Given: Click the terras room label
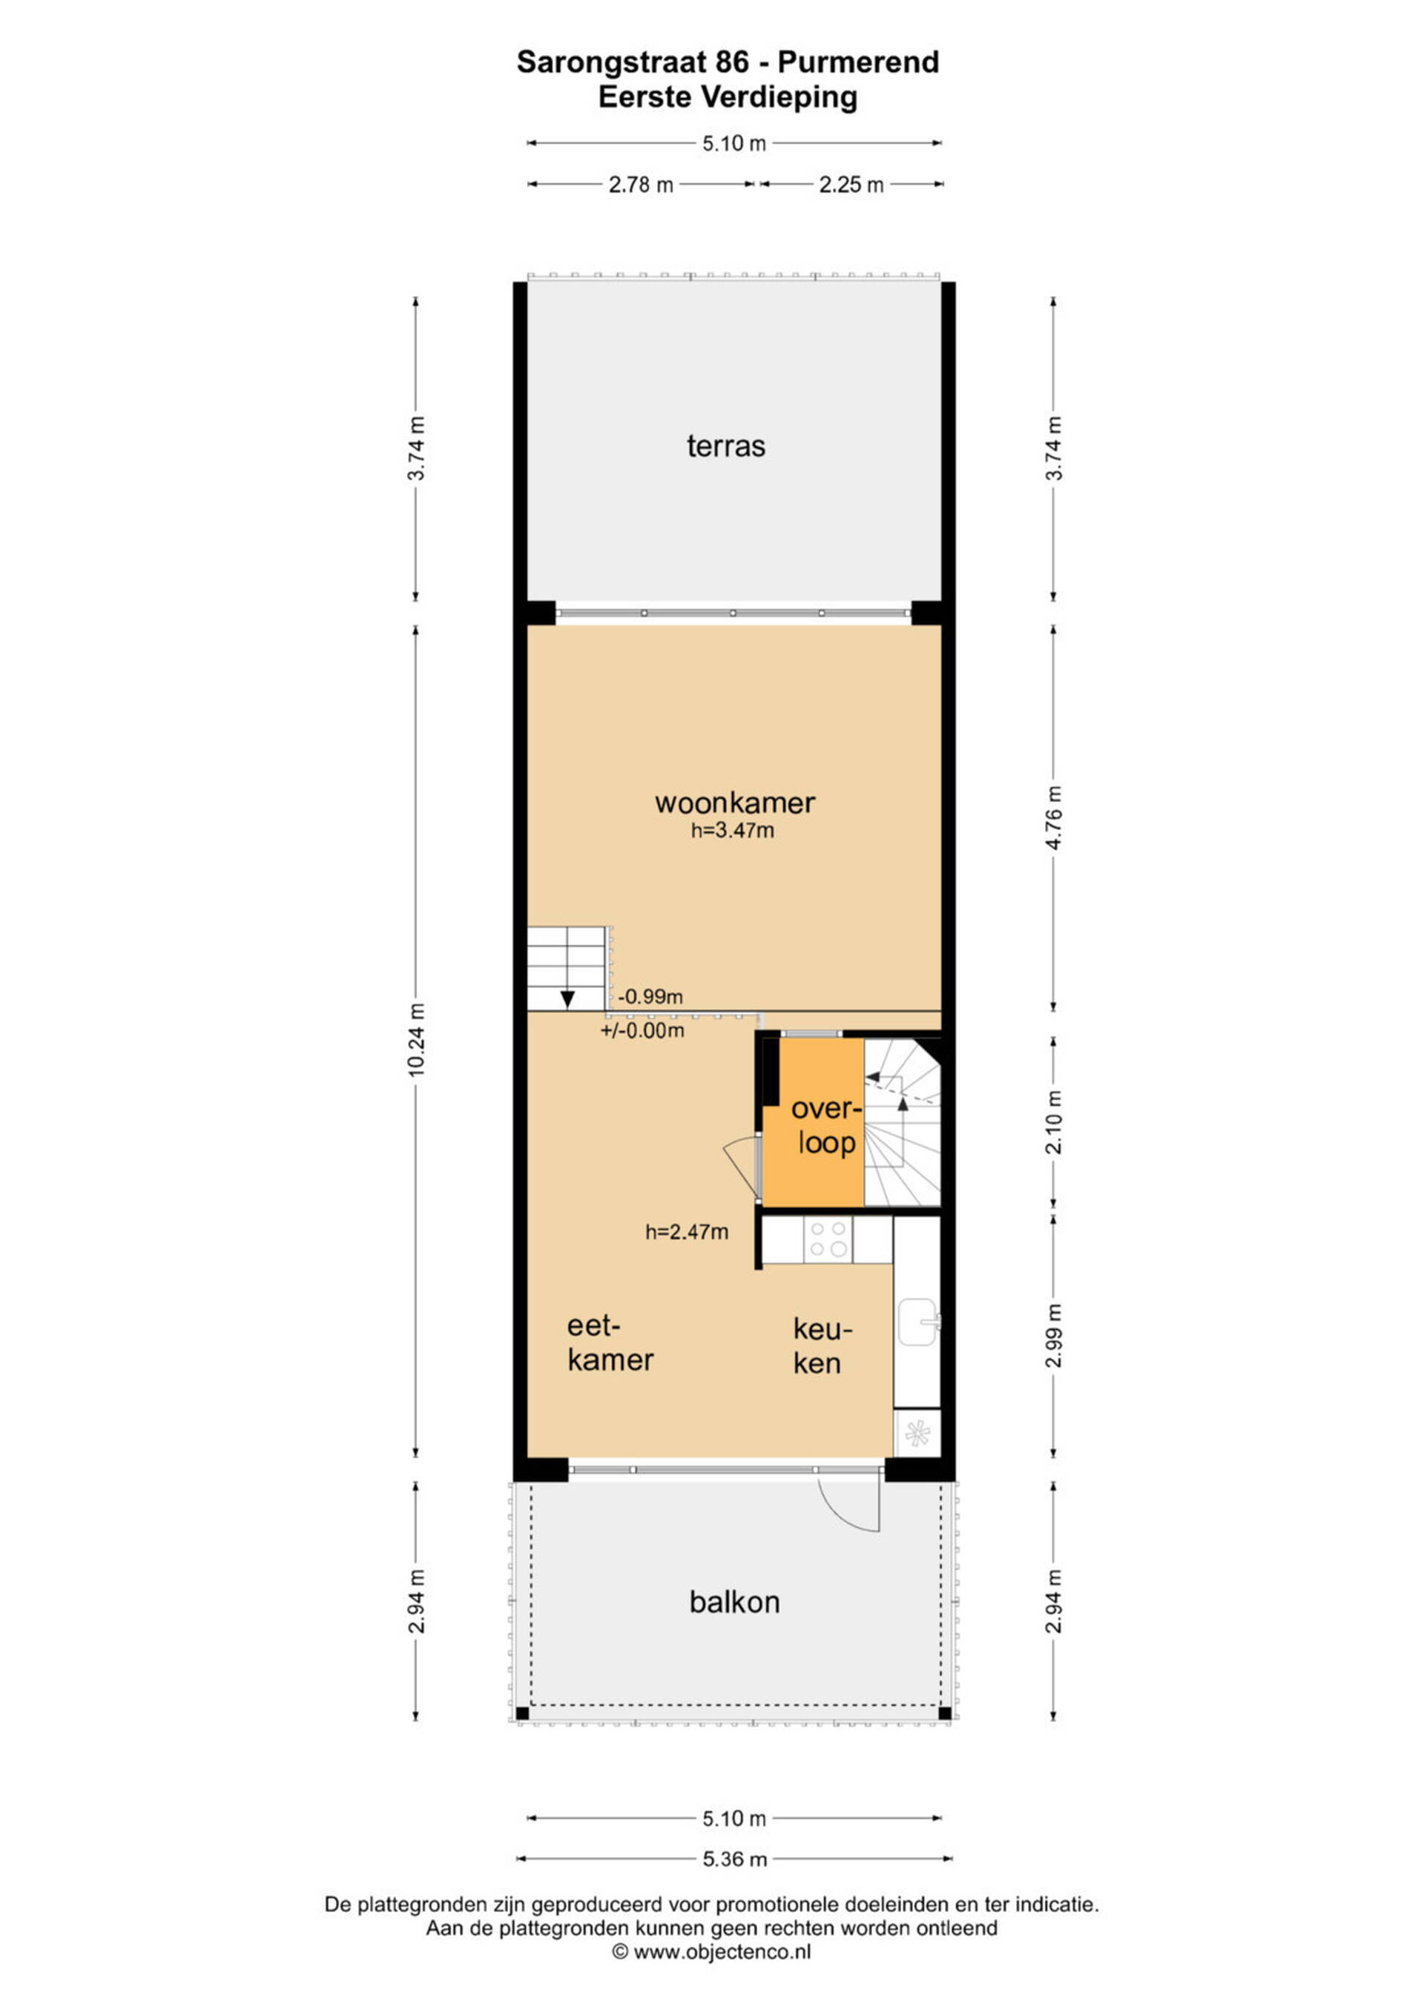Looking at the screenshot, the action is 725,447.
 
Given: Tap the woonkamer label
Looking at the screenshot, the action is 735,803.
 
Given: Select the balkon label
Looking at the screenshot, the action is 734,1602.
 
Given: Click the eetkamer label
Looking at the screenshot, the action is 610,1343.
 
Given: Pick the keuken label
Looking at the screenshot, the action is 823,1345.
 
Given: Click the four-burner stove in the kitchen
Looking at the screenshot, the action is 828,1239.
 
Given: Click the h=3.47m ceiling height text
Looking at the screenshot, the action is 732,830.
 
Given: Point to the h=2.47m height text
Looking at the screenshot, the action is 687,1232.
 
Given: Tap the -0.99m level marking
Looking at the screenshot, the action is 650,997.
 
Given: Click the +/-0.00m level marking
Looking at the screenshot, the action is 642,1030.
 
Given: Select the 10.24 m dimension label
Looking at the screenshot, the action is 417,1040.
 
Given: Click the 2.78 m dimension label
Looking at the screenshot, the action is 641,185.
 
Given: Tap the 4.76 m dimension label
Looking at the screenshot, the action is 1054,817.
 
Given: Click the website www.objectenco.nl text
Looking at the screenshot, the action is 711,1951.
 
